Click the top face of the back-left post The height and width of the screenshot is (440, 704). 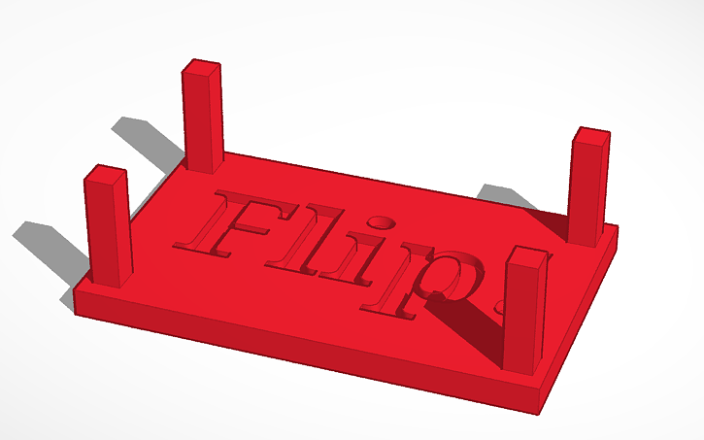(201, 67)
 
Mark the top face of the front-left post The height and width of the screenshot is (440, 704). (106, 175)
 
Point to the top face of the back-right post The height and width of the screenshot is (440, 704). (590, 136)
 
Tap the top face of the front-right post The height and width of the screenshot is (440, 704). (527, 255)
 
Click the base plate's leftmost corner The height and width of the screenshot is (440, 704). (75, 291)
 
